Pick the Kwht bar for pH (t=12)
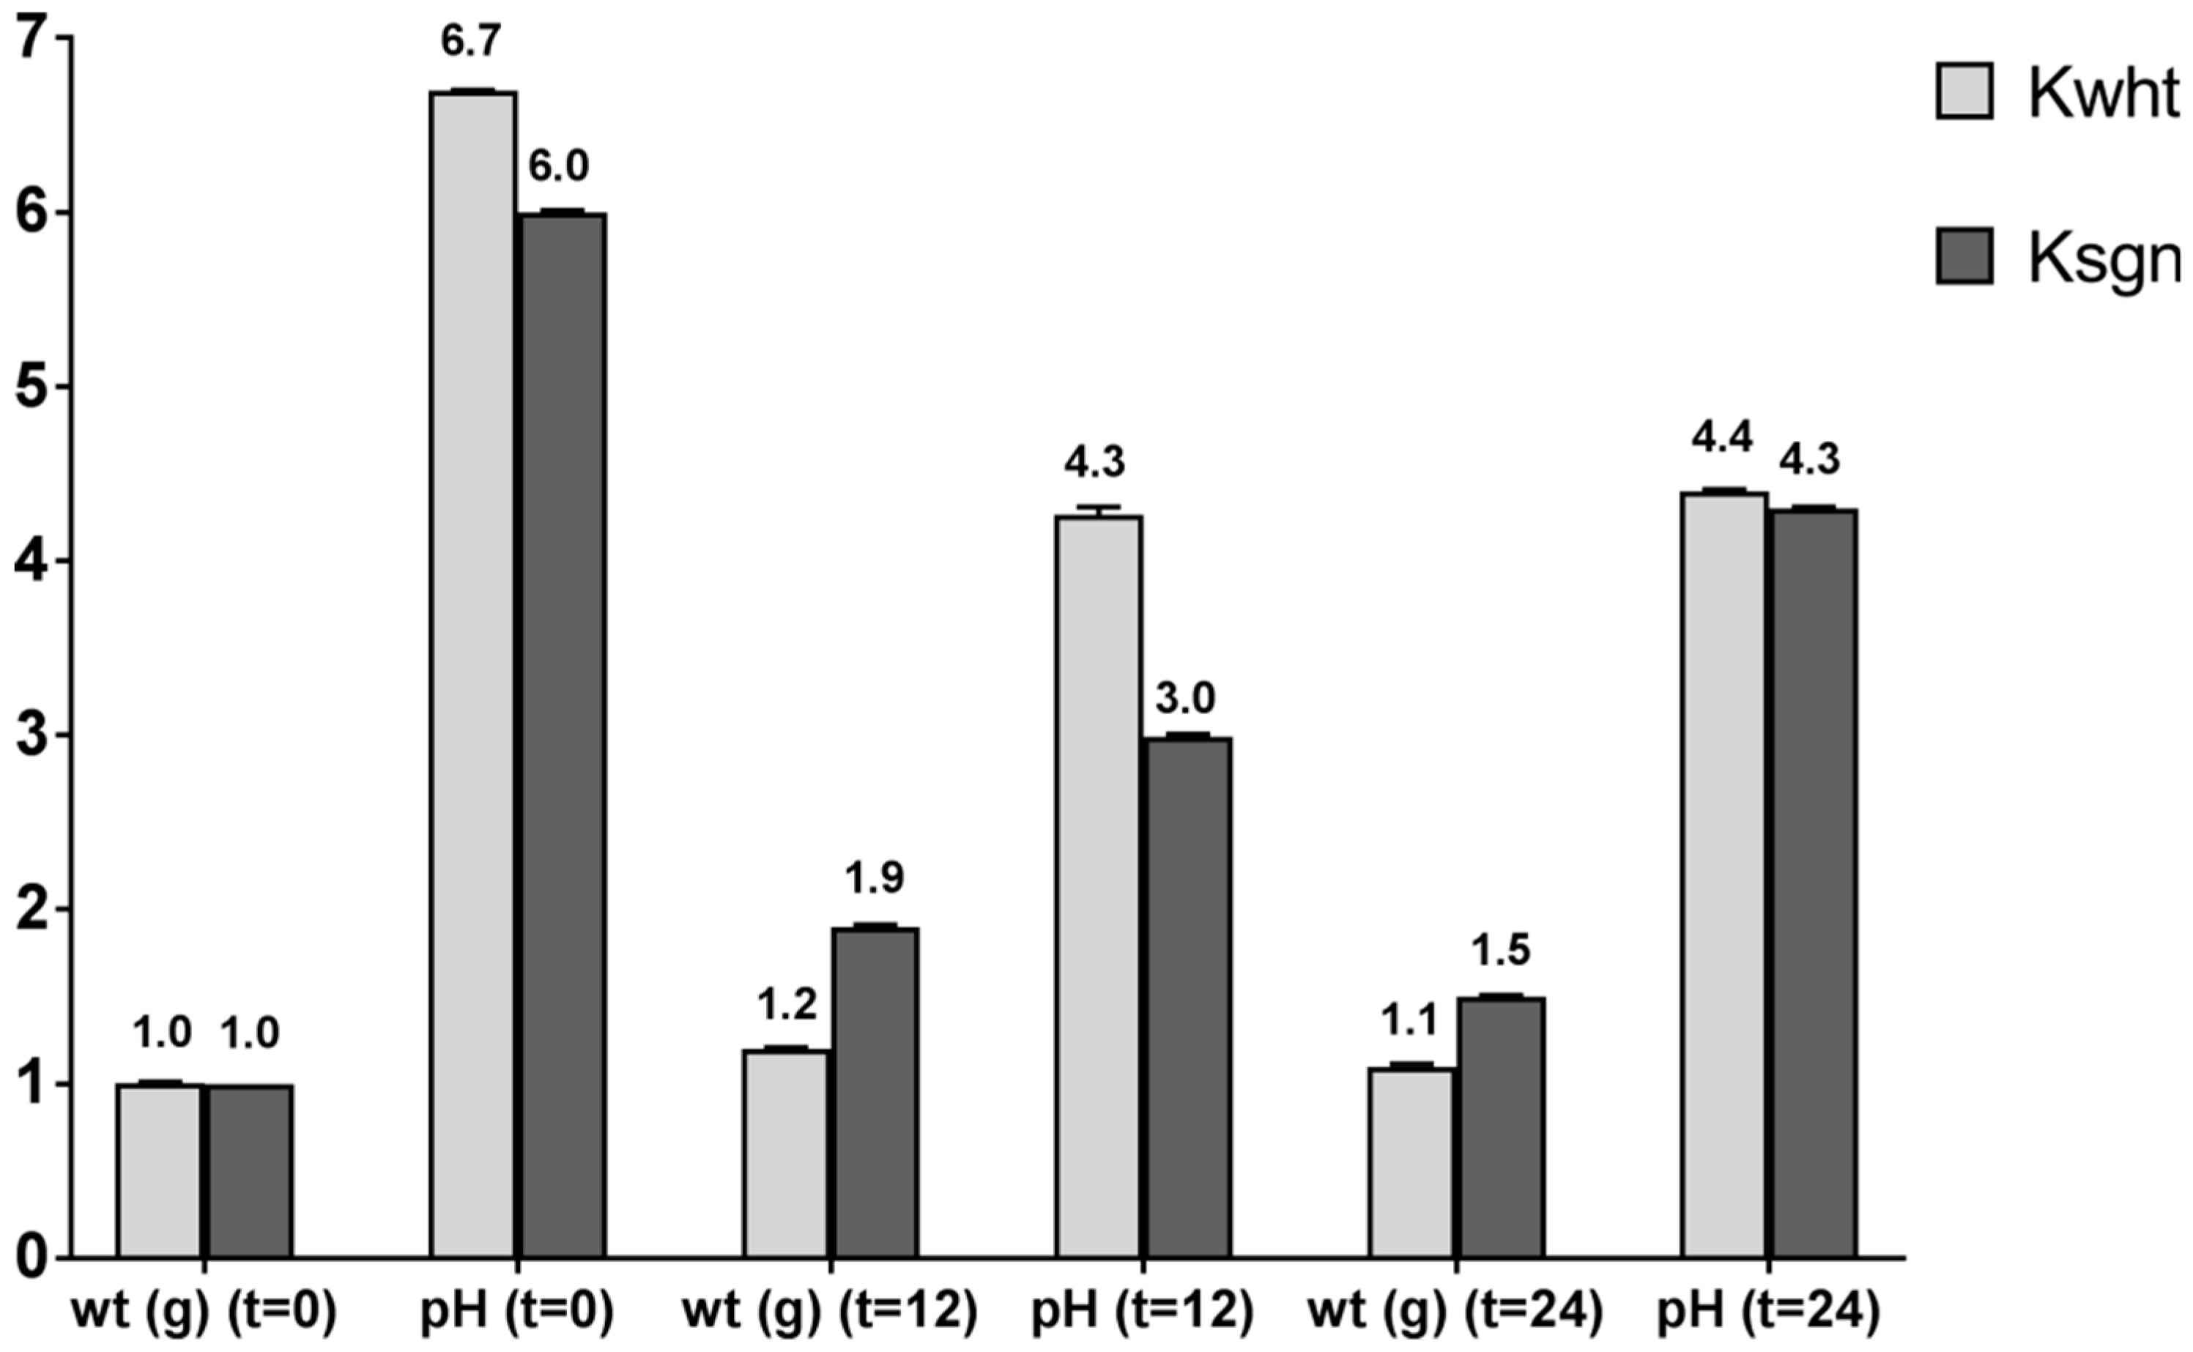tap(1099, 886)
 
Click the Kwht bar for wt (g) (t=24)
tap(1411, 1162)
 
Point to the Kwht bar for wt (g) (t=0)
tap(160, 1170)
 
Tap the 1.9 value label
tap(875, 878)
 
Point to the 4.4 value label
tap(1722, 439)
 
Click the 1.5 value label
tap(1501, 951)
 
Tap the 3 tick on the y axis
tap(33, 735)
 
